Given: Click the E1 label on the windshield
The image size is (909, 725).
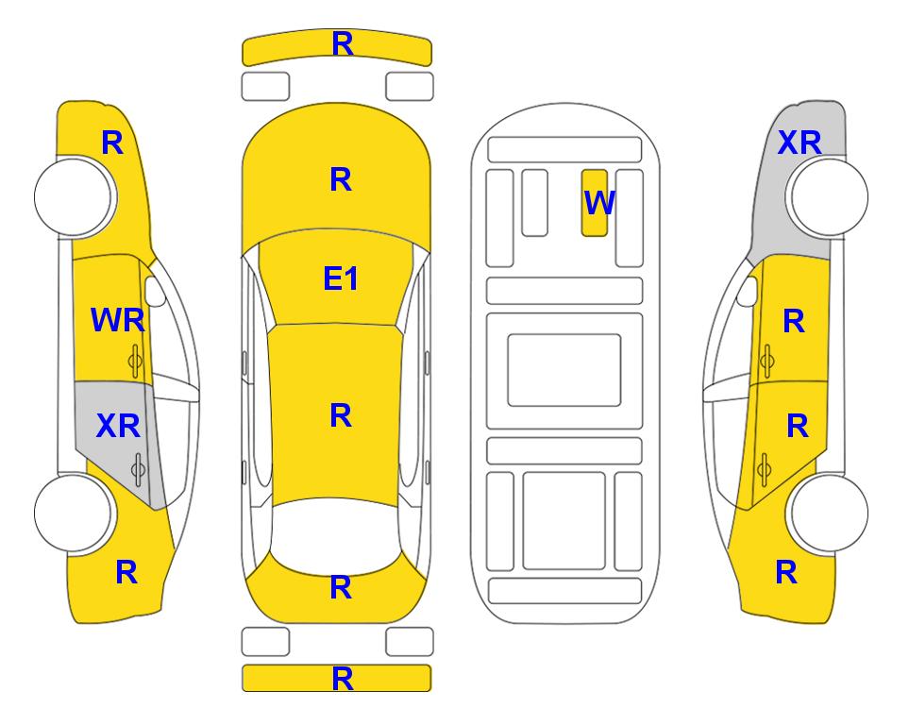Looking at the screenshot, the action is tap(341, 278).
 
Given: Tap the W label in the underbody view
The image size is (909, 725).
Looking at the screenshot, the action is tap(598, 202).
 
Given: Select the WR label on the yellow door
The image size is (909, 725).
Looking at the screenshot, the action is tap(118, 320).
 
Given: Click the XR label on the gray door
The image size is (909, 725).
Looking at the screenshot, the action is tap(118, 427).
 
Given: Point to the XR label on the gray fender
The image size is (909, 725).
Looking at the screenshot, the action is tap(800, 143).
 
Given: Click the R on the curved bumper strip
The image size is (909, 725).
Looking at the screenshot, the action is tap(343, 44).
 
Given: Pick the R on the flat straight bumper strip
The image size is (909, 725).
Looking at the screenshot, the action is tap(343, 679).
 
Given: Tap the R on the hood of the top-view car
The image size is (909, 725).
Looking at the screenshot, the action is tap(341, 179).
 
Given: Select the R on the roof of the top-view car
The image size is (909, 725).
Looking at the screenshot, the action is tap(341, 416).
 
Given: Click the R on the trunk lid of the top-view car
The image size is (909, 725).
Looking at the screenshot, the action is tap(341, 587).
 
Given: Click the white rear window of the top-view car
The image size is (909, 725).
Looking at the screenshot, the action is tap(336, 536).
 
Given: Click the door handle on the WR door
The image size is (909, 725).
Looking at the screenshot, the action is tap(135, 362).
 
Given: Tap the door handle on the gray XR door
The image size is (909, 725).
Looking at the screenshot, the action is tap(138, 469).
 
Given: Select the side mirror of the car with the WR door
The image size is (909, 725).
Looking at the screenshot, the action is tap(155, 292).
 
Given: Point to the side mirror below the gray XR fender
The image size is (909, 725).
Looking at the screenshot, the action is tap(748, 292).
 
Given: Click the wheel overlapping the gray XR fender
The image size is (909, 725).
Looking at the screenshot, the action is tap(830, 197).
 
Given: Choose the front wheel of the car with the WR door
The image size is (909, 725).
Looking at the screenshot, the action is tap(74, 197).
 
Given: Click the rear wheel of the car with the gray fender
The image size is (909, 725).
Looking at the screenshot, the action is tap(830, 513).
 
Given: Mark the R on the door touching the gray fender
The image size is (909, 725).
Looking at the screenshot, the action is tap(794, 321).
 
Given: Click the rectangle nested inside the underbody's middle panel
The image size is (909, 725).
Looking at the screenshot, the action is tap(564, 370).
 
